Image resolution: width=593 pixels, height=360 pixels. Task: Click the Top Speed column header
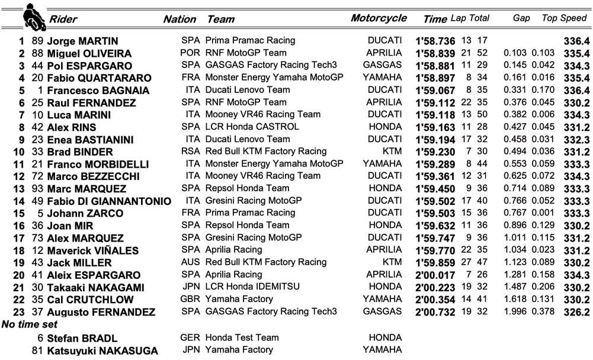pyautogui.click(x=564, y=18)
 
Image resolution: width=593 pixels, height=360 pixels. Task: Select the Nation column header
pyautogui.click(x=179, y=19)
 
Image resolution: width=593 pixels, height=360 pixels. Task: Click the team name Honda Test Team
pyautogui.click(x=242, y=338)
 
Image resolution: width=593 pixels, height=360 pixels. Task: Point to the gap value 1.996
pyautogui.click(x=515, y=312)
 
